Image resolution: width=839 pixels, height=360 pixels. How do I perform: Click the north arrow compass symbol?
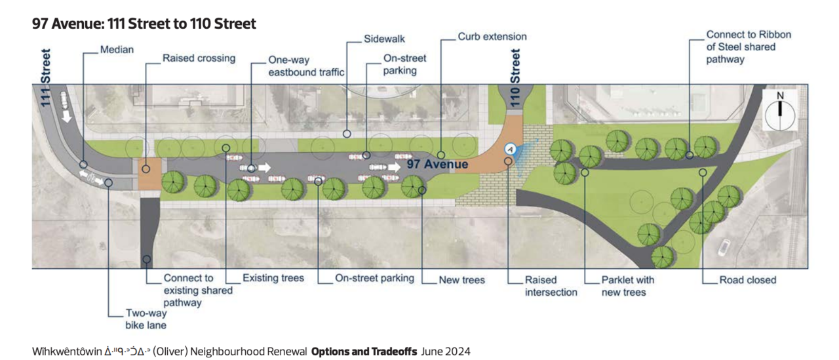(780, 111)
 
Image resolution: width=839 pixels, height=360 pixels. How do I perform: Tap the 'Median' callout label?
(117, 49)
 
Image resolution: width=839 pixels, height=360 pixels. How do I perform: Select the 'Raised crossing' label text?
(199, 58)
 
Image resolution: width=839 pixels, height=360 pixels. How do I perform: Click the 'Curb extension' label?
(492, 36)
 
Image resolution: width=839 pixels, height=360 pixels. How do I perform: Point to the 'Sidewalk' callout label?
(384, 39)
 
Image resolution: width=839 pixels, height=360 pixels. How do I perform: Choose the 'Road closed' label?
(748, 280)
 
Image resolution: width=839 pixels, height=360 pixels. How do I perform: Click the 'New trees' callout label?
(462, 280)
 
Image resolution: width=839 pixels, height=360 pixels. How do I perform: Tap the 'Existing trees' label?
(273, 278)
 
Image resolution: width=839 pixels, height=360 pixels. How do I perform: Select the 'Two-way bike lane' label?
(146, 319)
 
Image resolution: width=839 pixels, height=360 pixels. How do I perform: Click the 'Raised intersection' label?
(551, 286)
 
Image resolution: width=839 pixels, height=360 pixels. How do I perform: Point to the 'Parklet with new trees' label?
(628, 286)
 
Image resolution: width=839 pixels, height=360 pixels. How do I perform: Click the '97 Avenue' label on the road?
(437, 164)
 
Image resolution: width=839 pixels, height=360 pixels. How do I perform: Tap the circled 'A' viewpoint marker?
(510, 149)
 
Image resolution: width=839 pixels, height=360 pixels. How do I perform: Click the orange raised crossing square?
(150, 174)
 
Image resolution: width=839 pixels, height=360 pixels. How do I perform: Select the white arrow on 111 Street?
(67, 116)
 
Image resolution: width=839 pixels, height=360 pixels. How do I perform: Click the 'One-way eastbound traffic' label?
(306, 66)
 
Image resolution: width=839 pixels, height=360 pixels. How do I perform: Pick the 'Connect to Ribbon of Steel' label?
(749, 47)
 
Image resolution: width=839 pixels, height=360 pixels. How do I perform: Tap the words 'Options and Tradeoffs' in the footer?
(364, 351)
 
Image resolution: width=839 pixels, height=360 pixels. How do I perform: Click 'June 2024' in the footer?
(446, 351)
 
